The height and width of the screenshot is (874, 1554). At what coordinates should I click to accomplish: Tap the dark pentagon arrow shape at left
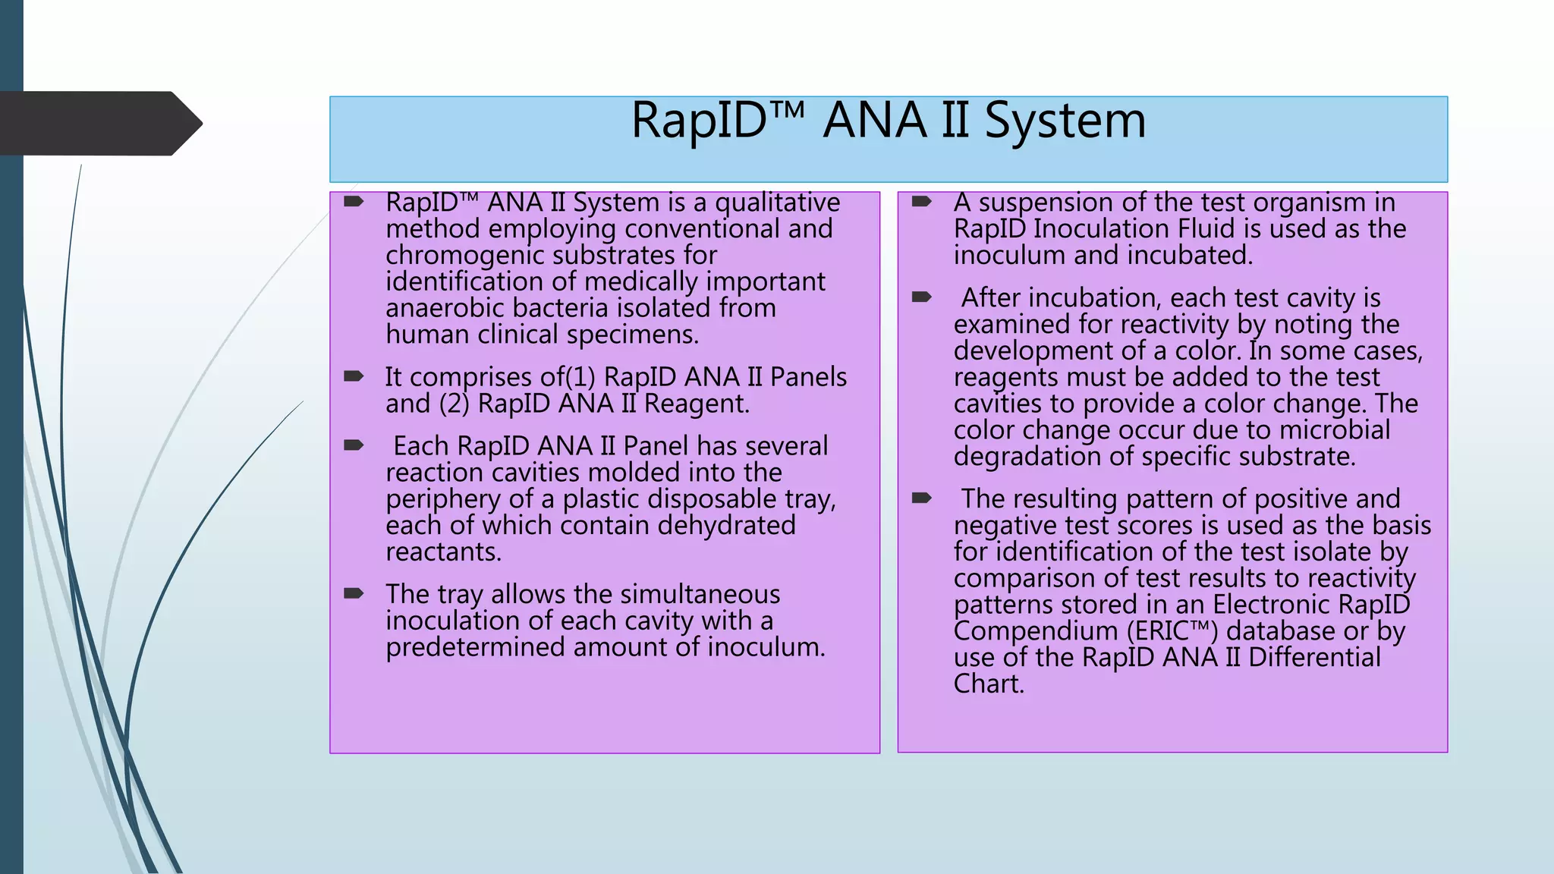[x=99, y=124]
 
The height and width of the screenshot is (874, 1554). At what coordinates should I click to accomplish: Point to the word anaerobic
[x=445, y=308]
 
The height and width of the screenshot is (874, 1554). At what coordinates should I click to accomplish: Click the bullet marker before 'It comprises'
[x=354, y=376]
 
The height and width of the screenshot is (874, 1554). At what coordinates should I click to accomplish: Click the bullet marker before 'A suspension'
[x=921, y=202]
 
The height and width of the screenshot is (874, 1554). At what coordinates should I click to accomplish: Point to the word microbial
[x=1334, y=430]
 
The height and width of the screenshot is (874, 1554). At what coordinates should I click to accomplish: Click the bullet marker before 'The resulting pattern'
[x=921, y=498]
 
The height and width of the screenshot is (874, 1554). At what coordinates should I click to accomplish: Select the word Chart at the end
[x=988, y=684]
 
